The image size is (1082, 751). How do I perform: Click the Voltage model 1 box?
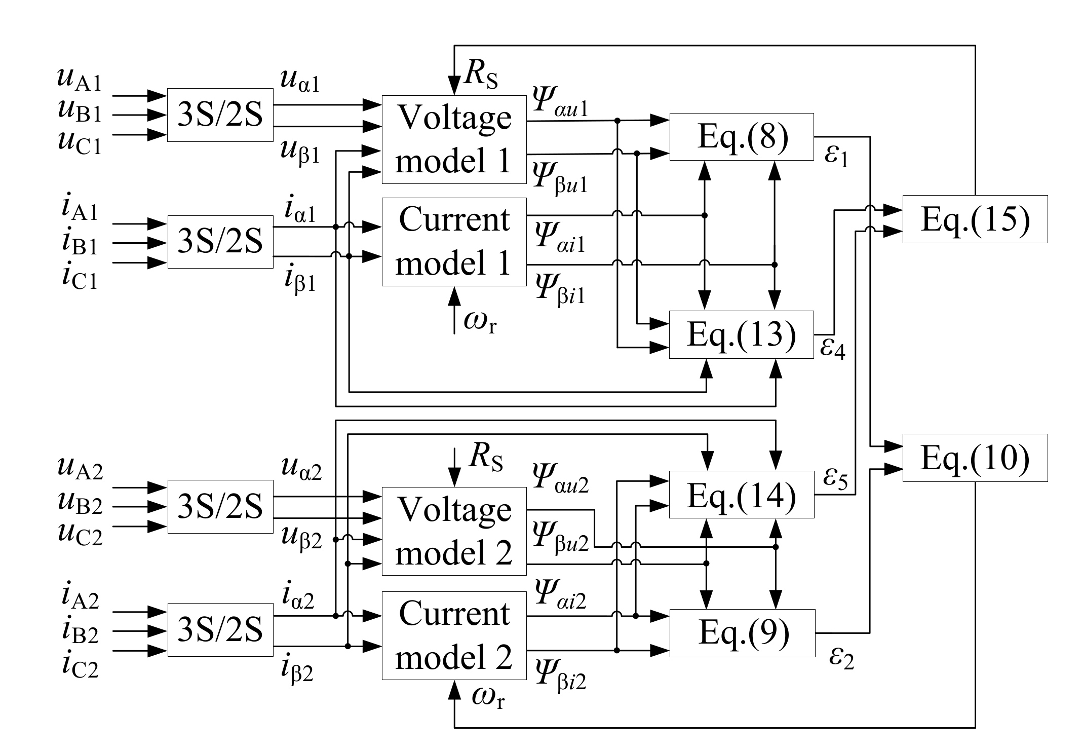coord(454,139)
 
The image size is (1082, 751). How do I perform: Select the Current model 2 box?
coord(454,635)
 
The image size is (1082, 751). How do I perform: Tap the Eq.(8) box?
coord(742,137)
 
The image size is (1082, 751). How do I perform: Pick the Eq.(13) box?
coord(741,334)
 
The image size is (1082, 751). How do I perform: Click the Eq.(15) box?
coord(975,219)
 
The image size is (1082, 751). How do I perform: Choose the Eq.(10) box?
coord(975,458)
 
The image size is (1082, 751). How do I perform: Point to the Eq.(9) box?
coord(743,633)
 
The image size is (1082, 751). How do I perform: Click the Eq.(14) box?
coord(741,495)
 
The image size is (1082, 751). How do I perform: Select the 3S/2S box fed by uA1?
coord(220,115)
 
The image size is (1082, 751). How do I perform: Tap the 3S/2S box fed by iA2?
coord(220,630)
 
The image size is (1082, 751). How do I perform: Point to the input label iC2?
coord(80,666)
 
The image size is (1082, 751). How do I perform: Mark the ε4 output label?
coord(833,349)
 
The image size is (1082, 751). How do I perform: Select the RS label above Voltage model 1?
coord(481,77)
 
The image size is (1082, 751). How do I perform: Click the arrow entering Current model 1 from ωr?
coord(454,297)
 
